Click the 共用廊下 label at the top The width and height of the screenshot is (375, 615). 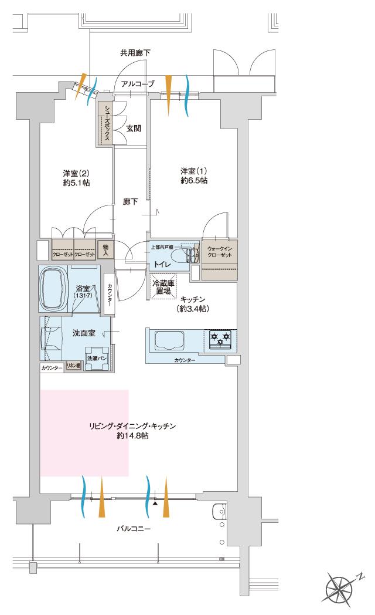pos(135,53)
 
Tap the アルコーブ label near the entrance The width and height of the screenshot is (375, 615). pos(138,85)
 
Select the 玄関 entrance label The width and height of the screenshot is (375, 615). pos(134,129)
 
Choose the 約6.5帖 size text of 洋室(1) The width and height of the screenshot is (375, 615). pos(194,181)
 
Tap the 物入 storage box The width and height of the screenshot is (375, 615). pos(105,249)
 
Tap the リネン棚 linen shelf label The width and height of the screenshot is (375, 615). pos(73,366)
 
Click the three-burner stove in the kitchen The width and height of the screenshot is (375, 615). pos(220,340)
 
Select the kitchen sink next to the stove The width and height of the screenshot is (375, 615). pos(169,340)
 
